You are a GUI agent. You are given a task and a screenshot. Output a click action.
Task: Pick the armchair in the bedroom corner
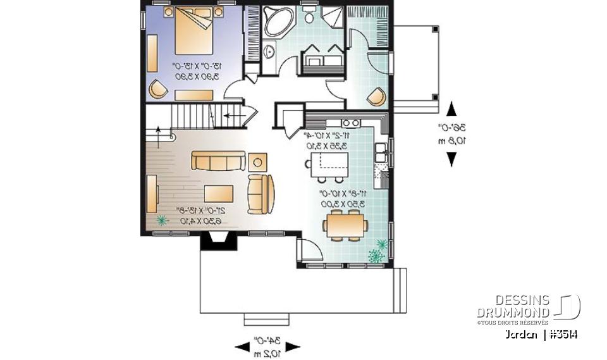point(158,90)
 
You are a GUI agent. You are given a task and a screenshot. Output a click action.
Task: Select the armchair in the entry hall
point(377,96)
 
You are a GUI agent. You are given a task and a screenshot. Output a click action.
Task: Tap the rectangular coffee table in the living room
point(219,193)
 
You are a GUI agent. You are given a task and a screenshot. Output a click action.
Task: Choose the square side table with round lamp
point(258,161)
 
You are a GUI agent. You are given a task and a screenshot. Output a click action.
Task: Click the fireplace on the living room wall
point(214,241)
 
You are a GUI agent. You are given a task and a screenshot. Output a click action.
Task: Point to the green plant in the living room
point(162,220)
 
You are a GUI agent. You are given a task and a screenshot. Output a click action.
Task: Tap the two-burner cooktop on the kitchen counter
point(350,121)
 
